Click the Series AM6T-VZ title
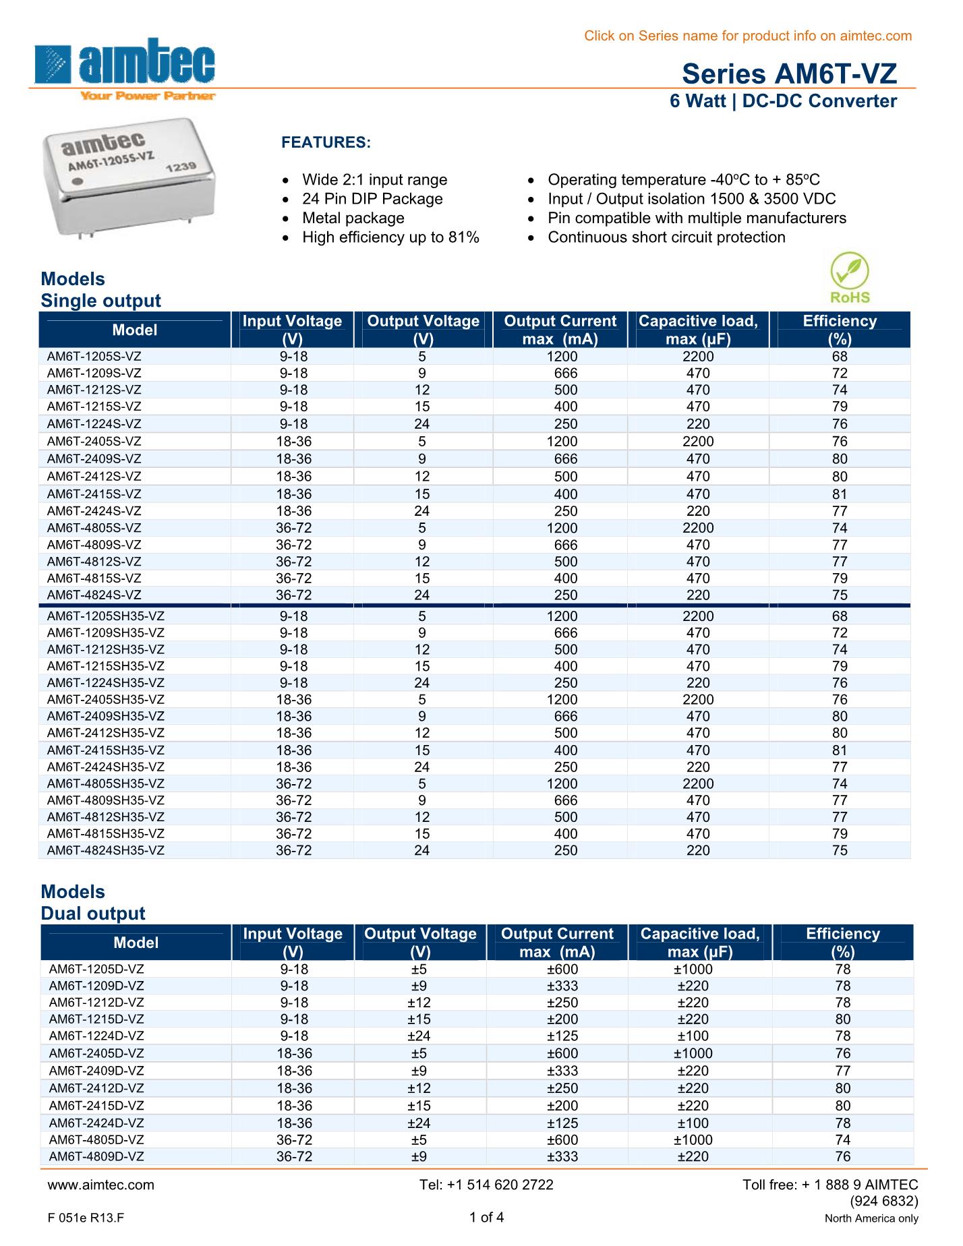[789, 73]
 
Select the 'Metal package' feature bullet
[353, 218]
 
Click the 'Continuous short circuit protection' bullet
[666, 237]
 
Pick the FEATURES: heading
[326, 143]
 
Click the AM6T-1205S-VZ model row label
[94, 357]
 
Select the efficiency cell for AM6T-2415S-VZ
[839, 494]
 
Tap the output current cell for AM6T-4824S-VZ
[566, 595]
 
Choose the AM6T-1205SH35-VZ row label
[106, 616]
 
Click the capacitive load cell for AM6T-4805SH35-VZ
[698, 784]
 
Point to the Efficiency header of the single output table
[839, 330]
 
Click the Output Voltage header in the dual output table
[420, 943]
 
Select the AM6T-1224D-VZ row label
[96, 1036]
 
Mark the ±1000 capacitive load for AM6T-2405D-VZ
[693, 1054]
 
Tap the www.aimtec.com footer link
[100, 1185]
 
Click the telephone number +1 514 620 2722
[486, 1185]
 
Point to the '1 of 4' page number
[486, 1217]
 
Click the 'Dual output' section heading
[93, 914]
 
